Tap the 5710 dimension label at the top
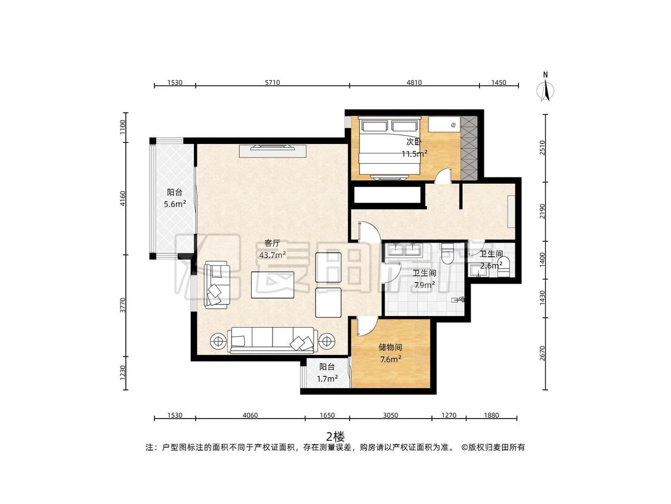pos(272,83)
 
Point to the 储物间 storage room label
pos(390,348)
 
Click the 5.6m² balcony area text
pos(175,204)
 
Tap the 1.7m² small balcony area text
pos(327,379)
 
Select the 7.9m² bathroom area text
pos(424,284)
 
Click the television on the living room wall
pos(273,147)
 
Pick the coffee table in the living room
pos(273,285)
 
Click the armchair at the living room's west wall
pos(217,285)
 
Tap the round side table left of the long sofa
pos(219,342)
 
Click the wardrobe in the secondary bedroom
pos(469,148)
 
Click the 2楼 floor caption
pos(335,437)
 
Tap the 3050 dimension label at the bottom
pos(390,415)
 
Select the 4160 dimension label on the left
pos(123,199)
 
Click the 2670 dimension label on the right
pos(543,354)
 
